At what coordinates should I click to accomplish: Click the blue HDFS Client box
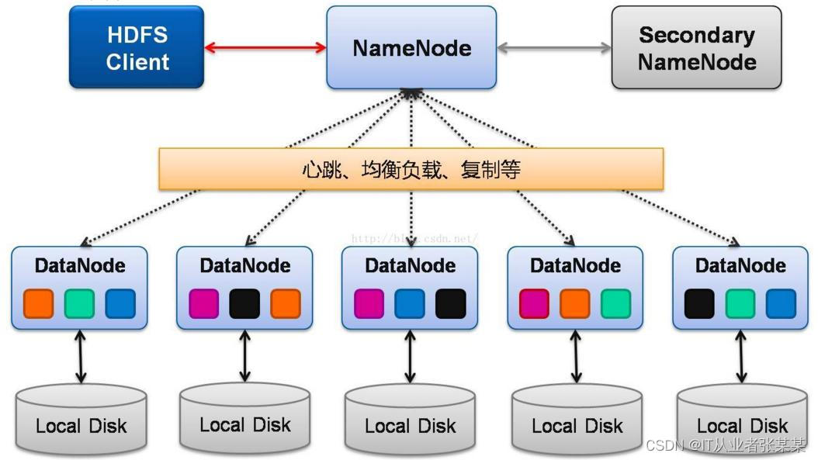(x=137, y=47)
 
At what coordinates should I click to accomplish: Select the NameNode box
(x=411, y=48)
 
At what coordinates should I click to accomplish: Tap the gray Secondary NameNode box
(x=696, y=47)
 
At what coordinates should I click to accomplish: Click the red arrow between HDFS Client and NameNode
(x=265, y=47)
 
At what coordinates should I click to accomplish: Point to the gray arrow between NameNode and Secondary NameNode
(x=553, y=48)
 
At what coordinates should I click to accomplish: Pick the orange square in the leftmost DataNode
(x=39, y=303)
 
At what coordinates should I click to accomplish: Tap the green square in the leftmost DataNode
(x=79, y=303)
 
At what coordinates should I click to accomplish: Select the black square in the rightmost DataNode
(x=699, y=303)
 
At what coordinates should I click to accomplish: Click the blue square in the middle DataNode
(x=410, y=303)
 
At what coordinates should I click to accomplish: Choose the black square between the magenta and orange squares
(x=244, y=303)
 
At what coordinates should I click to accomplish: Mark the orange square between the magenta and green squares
(x=575, y=303)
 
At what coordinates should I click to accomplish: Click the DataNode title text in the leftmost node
(x=79, y=266)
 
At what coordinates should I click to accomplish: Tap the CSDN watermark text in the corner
(x=725, y=446)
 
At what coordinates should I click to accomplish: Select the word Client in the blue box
(x=137, y=62)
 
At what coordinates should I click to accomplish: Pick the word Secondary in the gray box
(x=696, y=35)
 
